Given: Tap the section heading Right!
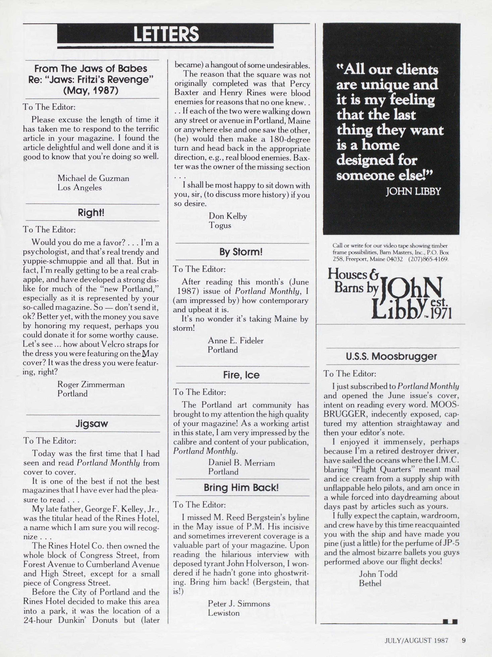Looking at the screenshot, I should pyautogui.click(x=91, y=213).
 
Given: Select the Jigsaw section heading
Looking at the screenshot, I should pyautogui.click(x=91, y=424).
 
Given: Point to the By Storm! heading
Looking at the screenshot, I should pyautogui.click(x=241, y=252).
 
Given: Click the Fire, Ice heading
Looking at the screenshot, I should pyautogui.click(x=241, y=375).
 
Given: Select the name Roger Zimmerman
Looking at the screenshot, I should pyautogui.click(x=91, y=384).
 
